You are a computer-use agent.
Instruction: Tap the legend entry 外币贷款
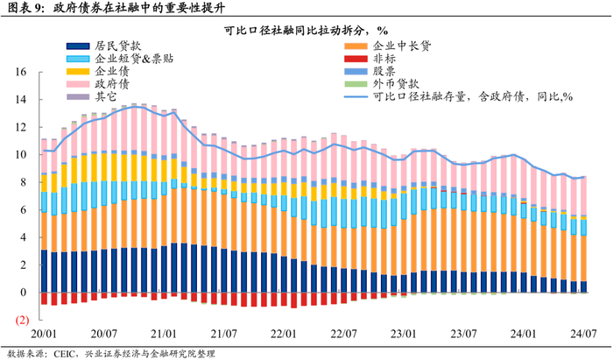[x=395, y=84]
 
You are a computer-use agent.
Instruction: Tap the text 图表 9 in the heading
[x=25, y=8]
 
